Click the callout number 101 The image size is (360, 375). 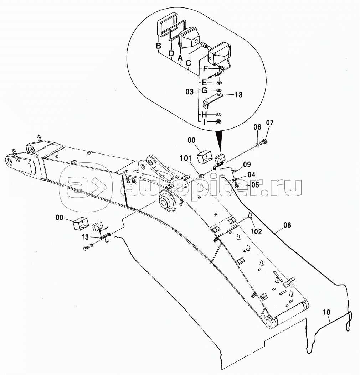[x=186, y=158]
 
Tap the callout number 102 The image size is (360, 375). [x=256, y=231]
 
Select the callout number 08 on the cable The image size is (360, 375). [x=287, y=225]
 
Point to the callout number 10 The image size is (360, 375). [x=326, y=312]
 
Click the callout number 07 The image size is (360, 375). [x=269, y=123]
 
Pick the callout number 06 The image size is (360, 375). [x=257, y=127]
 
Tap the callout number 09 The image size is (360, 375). [x=247, y=165]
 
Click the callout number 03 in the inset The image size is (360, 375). [x=190, y=92]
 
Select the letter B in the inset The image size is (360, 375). [x=159, y=46]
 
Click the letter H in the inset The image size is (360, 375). [x=204, y=114]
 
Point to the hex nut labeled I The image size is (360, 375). [x=218, y=121]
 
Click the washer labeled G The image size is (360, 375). [x=219, y=90]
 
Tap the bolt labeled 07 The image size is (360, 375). [x=263, y=141]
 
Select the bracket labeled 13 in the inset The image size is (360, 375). [x=212, y=101]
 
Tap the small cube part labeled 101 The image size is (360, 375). [x=201, y=176]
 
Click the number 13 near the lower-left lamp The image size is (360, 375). [x=85, y=237]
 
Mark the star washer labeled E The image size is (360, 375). [x=218, y=83]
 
